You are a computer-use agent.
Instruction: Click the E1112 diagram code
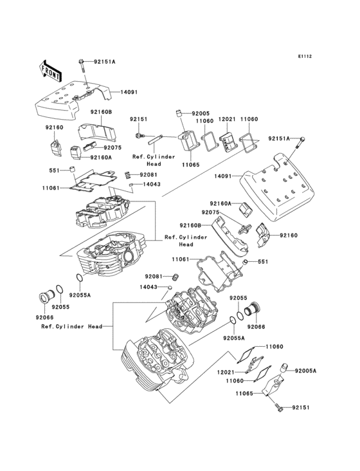click(x=305, y=57)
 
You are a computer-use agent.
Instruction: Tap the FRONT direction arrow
click(x=50, y=68)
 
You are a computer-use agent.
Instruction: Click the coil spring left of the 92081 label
click(x=127, y=174)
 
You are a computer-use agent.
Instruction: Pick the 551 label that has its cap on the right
click(x=57, y=171)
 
